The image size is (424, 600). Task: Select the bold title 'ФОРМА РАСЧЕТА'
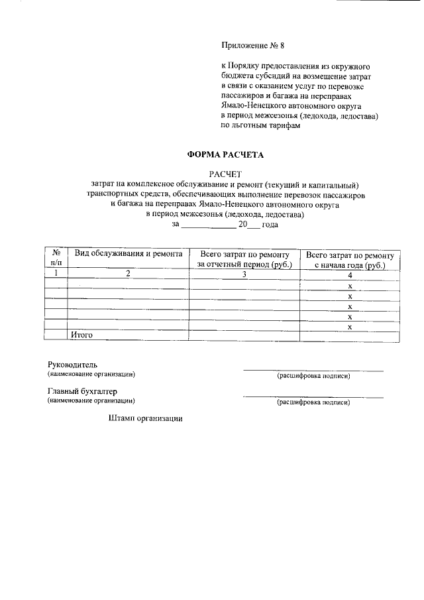pyautogui.click(x=225, y=155)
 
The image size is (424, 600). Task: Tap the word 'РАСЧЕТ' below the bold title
pyautogui.click(x=225, y=173)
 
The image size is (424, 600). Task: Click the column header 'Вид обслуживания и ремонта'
pyautogui.click(x=128, y=254)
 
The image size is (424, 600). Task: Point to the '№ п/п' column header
pyautogui.click(x=56, y=259)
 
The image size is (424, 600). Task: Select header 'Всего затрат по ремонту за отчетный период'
pyautogui.click(x=244, y=259)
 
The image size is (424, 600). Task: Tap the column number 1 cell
pyautogui.click(x=56, y=272)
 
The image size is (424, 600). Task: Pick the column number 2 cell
pyautogui.click(x=128, y=273)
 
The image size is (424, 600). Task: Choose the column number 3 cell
pyautogui.click(x=244, y=273)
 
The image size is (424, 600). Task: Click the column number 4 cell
pyautogui.click(x=350, y=274)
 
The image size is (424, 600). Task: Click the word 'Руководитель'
pyautogui.click(x=73, y=365)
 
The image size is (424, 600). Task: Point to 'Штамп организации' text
pyautogui.click(x=144, y=418)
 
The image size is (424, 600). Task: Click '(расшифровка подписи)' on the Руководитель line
pyautogui.click(x=313, y=376)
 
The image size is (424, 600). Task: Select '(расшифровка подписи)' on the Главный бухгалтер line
pyautogui.click(x=313, y=402)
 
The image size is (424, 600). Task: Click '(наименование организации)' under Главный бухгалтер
pyautogui.click(x=91, y=401)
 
